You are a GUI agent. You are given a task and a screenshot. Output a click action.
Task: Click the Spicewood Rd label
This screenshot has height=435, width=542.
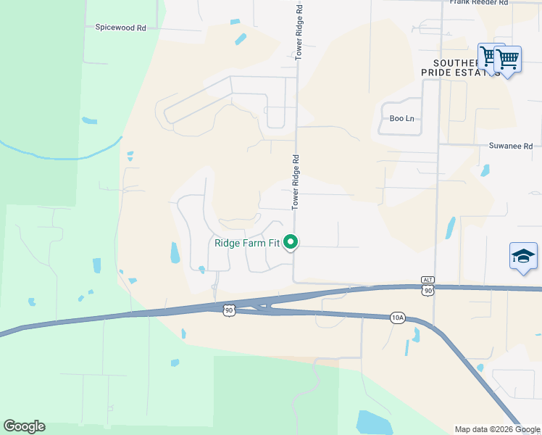pos(121,28)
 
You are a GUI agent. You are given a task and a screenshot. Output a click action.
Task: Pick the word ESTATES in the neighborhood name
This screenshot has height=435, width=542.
pos(472,73)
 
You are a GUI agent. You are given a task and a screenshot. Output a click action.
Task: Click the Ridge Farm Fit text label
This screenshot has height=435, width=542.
pos(247,243)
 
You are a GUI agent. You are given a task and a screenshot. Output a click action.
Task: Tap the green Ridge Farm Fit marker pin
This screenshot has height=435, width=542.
pos(291,242)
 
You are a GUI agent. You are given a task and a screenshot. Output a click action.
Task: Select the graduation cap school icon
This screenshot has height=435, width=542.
pos(524,256)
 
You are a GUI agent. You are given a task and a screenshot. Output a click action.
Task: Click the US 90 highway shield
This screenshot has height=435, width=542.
pos(229,310)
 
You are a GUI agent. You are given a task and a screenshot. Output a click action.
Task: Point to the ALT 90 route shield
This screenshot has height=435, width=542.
pos(428,286)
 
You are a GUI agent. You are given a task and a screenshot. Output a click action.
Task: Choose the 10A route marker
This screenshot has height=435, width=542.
pos(397,318)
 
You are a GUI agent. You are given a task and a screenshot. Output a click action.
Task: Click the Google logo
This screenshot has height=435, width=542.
pos(24,426)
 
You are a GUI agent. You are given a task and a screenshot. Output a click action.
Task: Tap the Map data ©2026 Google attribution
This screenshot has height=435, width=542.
pos(497,429)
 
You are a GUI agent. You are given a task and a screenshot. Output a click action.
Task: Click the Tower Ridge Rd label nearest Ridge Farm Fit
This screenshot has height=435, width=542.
pos(296,182)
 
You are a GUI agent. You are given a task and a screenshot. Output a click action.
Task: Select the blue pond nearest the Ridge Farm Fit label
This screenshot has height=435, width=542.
pos(175,252)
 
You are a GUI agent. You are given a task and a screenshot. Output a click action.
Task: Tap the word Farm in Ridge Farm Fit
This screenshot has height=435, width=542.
pos(255,243)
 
